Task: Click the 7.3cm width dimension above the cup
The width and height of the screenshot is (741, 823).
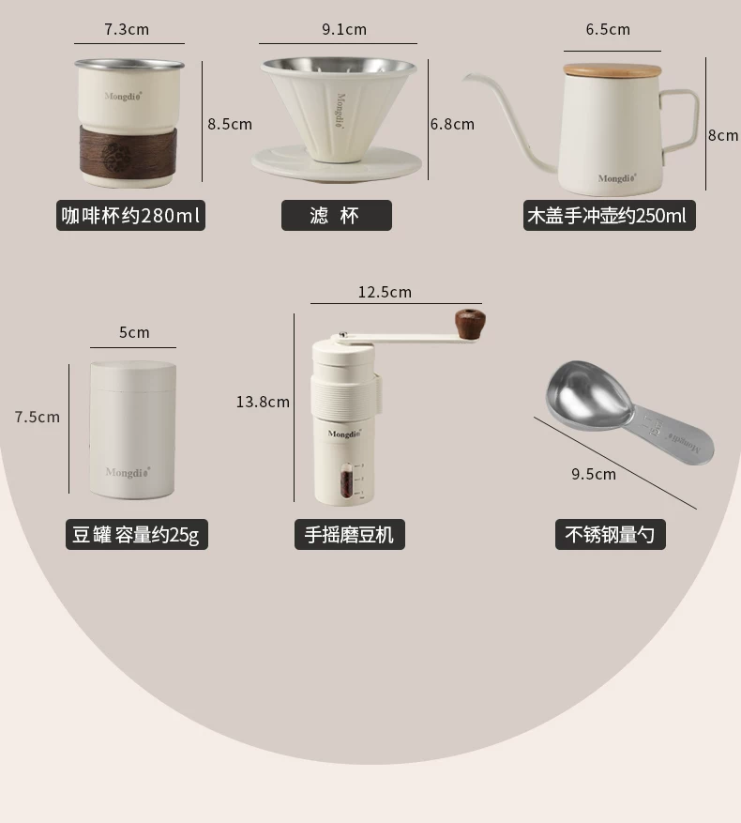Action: pyautogui.click(x=127, y=29)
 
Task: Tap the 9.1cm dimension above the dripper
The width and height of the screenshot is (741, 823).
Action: pyautogui.click(x=344, y=29)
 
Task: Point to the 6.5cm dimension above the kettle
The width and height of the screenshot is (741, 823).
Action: pyautogui.click(x=608, y=29)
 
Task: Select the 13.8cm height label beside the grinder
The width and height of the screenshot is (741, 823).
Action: pyautogui.click(x=263, y=402)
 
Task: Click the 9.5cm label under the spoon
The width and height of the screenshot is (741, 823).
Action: pyautogui.click(x=594, y=474)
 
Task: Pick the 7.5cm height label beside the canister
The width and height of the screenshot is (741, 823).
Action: pyautogui.click(x=38, y=418)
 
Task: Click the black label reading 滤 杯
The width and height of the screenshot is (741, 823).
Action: pyautogui.click(x=337, y=215)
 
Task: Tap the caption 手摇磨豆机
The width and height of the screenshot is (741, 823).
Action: pyautogui.click(x=350, y=534)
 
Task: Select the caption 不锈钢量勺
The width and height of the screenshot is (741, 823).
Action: pyautogui.click(x=611, y=534)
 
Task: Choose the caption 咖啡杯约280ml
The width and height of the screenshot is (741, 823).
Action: pyautogui.click(x=130, y=215)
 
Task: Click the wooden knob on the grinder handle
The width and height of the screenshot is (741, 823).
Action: pyautogui.click(x=470, y=324)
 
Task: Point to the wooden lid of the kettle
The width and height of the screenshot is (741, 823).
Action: pyautogui.click(x=612, y=70)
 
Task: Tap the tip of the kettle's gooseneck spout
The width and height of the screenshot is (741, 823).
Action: pyautogui.click(x=464, y=78)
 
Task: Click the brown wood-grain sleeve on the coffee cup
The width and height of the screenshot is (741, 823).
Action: pyautogui.click(x=128, y=150)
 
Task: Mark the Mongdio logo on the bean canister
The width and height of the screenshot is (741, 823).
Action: pyautogui.click(x=129, y=472)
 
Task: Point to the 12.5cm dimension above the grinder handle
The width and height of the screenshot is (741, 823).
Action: pyautogui.click(x=385, y=293)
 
